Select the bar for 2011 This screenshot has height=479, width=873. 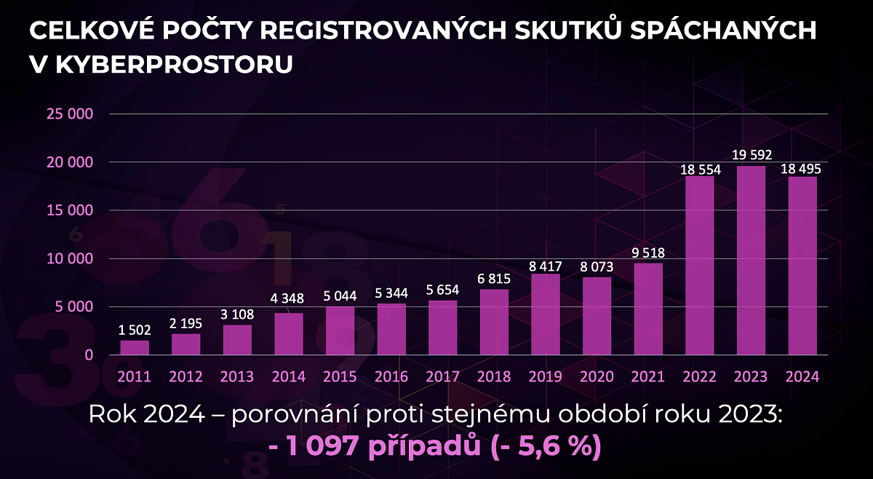[x=135, y=348]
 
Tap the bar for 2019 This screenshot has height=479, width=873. [x=546, y=314]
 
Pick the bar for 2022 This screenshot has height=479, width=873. [x=700, y=266]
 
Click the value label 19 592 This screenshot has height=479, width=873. [x=751, y=154]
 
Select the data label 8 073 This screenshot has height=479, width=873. [x=597, y=267]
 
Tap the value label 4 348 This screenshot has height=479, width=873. [x=289, y=298]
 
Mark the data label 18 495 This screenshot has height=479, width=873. [x=802, y=168]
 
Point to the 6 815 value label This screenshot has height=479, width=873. [x=495, y=279]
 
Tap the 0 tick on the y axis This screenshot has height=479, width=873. [x=88, y=355]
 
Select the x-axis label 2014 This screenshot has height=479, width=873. [x=289, y=376]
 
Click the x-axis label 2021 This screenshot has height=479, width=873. [x=648, y=376]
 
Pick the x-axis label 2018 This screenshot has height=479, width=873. [x=495, y=376]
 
